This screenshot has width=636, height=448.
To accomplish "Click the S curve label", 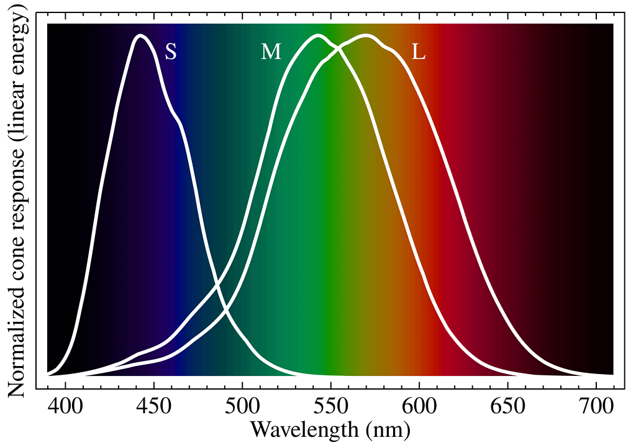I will click(171, 52).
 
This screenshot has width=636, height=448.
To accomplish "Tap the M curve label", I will click(271, 52).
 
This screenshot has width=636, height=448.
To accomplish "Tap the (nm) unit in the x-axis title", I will click(386, 430).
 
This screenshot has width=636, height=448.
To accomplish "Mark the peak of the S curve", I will click(141, 36).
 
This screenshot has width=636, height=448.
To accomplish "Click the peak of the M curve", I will click(319, 36).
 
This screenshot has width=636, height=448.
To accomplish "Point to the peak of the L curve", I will click(366, 36).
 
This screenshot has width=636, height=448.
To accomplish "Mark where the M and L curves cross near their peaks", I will click(338, 48).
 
